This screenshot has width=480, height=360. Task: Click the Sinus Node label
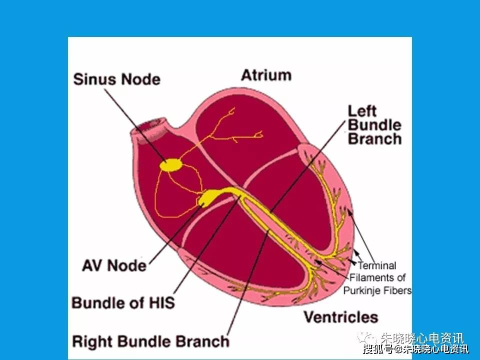coord(116,79)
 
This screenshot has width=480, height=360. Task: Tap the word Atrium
coord(266,75)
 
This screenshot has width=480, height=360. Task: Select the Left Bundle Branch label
coord(374,124)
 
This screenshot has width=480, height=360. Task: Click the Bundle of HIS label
coord(123,302)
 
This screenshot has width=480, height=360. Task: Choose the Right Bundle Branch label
coord(151,341)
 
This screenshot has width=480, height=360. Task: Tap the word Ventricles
coord(341,317)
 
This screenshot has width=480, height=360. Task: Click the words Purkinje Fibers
coord(377,290)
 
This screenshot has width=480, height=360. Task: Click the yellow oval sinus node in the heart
coord(171,164)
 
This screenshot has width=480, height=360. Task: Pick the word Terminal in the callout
coord(376,266)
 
